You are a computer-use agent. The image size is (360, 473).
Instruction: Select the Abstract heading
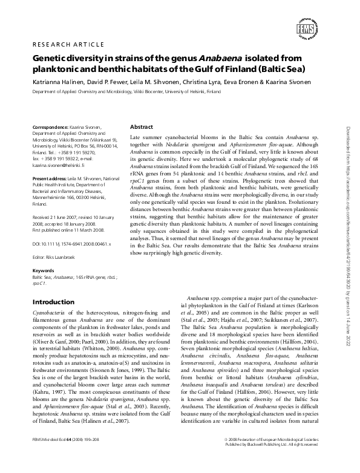click(142, 127)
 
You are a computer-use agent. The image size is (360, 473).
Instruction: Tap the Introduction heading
click(53, 301)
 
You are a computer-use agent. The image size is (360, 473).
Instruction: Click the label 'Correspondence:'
click(51, 128)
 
